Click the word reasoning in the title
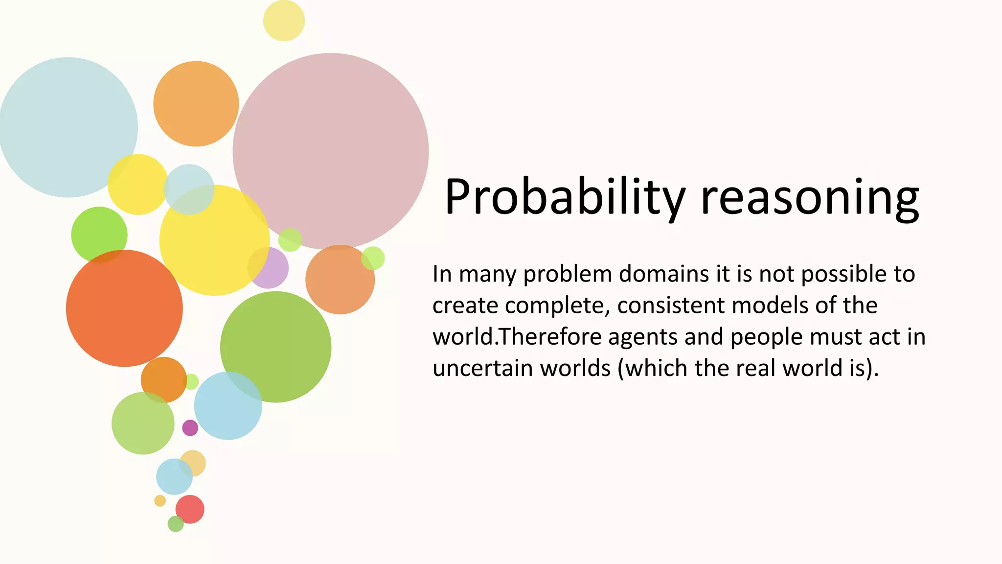[810, 197]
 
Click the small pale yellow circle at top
[284, 21]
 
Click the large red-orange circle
[124, 308]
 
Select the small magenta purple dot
[190, 427]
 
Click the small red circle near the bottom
[190, 509]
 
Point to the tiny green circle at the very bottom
[176, 524]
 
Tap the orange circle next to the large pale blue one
[196, 104]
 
